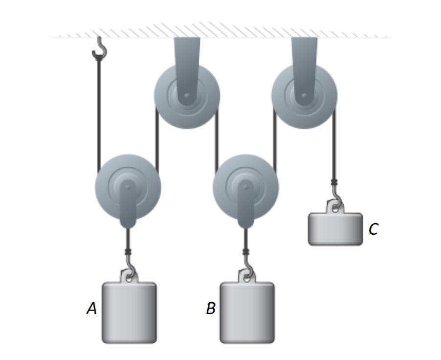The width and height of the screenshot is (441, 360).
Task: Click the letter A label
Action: coord(91,308)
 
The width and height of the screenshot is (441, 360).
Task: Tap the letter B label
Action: coord(211,308)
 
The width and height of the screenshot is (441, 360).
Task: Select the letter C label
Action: coord(373,229)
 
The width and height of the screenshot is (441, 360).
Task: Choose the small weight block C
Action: coord(335,228)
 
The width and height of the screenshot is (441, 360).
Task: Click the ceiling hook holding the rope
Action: coord(100,48)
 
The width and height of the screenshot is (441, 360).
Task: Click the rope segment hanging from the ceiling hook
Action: coord(99,112)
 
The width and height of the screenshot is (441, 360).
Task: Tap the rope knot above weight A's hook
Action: coord(128,252)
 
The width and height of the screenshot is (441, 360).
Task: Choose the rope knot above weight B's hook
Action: coord(246,252)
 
